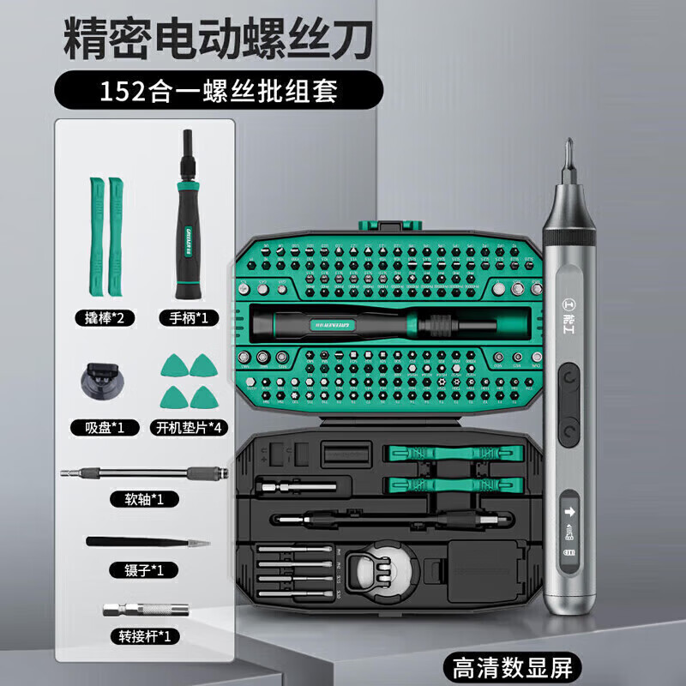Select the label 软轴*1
coord(145,499)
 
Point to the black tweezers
coord(146,541)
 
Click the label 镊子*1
coord(145,569)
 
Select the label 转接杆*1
coord(145,636)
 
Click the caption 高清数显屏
coord(512,665)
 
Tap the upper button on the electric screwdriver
coord(568,376)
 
